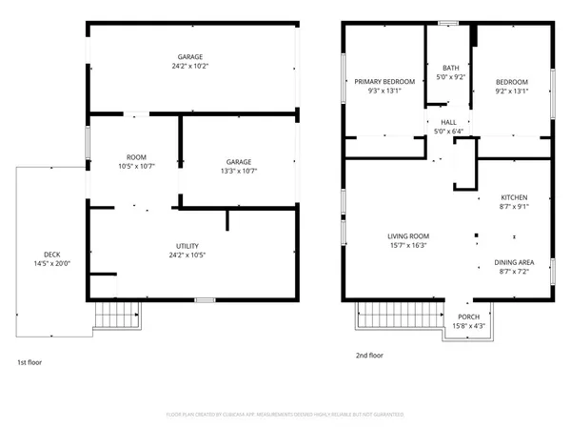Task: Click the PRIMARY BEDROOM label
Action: pyautogui.click(x=384, y=82)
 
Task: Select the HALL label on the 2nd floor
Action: pyautogui.click(x=448, y=122)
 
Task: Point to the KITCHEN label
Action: pyautogui.click(x=514, y=196)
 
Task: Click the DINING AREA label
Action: pyautogui.click(x=514, y=262)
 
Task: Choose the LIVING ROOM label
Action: pyautogui.click(x=408, y=235)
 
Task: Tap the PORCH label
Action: pyautogui.click(x=468, y=317)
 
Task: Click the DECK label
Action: pyautogui.click(x=52, y=254)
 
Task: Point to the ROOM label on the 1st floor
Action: pyautogui.click(x=136, y=156)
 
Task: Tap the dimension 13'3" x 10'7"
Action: pyautogui.click(x=239, y=171)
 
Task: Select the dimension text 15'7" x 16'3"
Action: pyautogui.click(x=408, y=245)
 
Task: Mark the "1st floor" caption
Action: pyautogui.click(x=30, y=362)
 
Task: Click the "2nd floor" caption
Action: pyautogui.click(x=368, y=355)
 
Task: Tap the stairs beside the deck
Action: pyautogui.click(x=115, y=317)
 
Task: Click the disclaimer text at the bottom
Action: pyautogui.click(x=285, y=415)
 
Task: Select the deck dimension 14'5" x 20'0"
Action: pyautogui.click(x=52, y=263)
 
